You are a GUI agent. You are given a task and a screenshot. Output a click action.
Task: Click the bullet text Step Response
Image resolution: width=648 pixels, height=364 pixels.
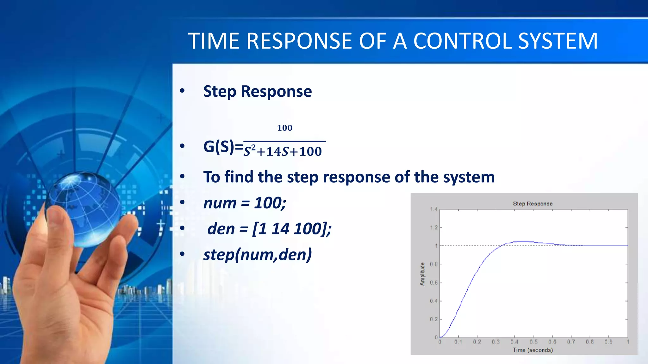click(257, 91)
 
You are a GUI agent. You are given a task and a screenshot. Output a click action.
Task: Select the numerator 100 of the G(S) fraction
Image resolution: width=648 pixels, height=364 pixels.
click(284, 128)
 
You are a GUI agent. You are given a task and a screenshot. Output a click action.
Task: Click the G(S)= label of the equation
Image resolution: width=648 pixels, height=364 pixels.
click(223, 147)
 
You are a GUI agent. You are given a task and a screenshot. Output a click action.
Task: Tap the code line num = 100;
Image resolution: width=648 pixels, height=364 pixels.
click(245, 203)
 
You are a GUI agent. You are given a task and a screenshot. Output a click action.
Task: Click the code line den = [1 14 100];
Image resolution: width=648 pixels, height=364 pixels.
click(269, 229)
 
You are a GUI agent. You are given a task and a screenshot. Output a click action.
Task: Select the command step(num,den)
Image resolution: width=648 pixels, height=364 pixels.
click(257, 255)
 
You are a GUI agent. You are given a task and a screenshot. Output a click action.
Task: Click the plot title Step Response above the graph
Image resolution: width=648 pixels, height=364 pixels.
click(533, 204)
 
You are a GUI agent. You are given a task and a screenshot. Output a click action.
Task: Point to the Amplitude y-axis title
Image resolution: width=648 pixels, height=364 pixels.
click(422, 274)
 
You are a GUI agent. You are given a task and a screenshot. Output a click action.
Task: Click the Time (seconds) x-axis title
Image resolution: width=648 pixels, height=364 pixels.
click(533, 350)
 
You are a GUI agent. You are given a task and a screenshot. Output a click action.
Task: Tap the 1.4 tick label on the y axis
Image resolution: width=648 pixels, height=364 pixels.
click(433, 209)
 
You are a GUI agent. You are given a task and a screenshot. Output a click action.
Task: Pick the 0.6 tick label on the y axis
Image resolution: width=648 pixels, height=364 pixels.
click(433, 282)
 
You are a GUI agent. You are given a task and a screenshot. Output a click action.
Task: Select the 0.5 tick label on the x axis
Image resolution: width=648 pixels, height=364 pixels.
click(533, 342)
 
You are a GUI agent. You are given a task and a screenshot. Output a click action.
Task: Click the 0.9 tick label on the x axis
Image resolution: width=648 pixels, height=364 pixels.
click(608, 342)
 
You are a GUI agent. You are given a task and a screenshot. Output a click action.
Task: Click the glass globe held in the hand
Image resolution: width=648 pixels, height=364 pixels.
click(83, 209)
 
